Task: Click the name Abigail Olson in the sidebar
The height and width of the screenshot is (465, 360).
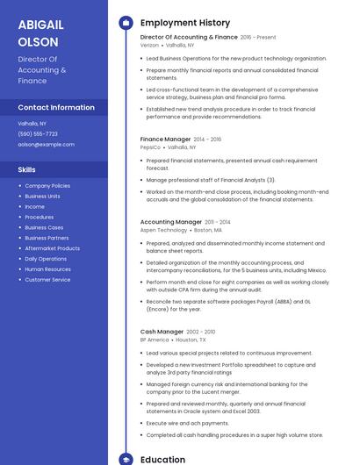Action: click(39, 32)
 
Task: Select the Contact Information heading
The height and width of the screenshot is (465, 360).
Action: click(56, 107)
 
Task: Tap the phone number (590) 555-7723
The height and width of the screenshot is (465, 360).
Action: click(38, 133)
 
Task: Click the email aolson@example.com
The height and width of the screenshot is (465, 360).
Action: click(46, 144)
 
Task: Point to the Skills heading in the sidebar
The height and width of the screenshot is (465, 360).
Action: click(27, 169)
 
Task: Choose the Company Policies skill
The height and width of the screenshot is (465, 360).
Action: click(47, 186)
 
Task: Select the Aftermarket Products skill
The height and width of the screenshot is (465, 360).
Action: click(52, 248)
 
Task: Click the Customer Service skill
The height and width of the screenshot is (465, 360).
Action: click(47, 280)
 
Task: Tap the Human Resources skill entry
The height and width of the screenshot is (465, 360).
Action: click(47, 269)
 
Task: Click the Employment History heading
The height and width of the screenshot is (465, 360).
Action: click(185, 22)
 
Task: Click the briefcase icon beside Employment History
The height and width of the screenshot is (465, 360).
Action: click(126, 22)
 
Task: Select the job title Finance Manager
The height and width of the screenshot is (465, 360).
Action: click(165, 139)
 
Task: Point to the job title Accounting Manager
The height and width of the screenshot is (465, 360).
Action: click(170, 222)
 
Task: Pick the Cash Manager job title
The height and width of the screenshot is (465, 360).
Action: click(162, 332)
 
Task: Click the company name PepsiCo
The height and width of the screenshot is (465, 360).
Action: click(150, 147)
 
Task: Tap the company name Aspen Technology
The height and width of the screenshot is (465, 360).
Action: click(163, 230)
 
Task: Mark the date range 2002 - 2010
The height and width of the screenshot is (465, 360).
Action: click(201, 332)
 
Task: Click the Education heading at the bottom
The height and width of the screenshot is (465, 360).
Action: click(162, 459)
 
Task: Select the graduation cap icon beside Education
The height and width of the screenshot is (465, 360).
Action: click(126, 459)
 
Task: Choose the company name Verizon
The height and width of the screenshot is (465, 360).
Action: click(149, 44)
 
